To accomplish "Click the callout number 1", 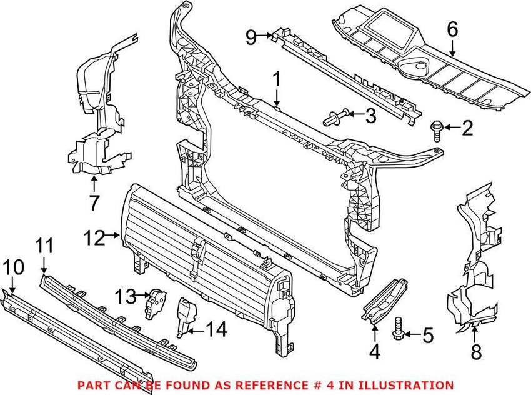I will click(x=276, y=80).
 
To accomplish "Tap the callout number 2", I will click(x=467, y=129).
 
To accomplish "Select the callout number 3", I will click(x=370, y=114).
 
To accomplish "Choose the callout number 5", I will click(x=427, y=336).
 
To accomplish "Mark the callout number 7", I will click(x=94, y=203).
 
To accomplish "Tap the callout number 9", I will click(x=251, y=38).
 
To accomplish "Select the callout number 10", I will click(x=13, y=267).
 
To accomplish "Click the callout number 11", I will click(x=44, y=246).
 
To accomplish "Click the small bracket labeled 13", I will click(x=154, y=302).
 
